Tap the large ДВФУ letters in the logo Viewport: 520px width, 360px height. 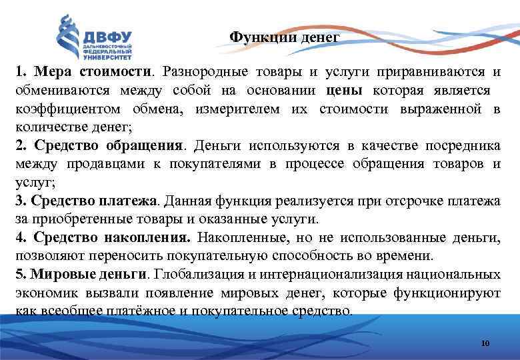(107, 37)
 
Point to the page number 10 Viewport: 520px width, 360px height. (485, 343)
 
